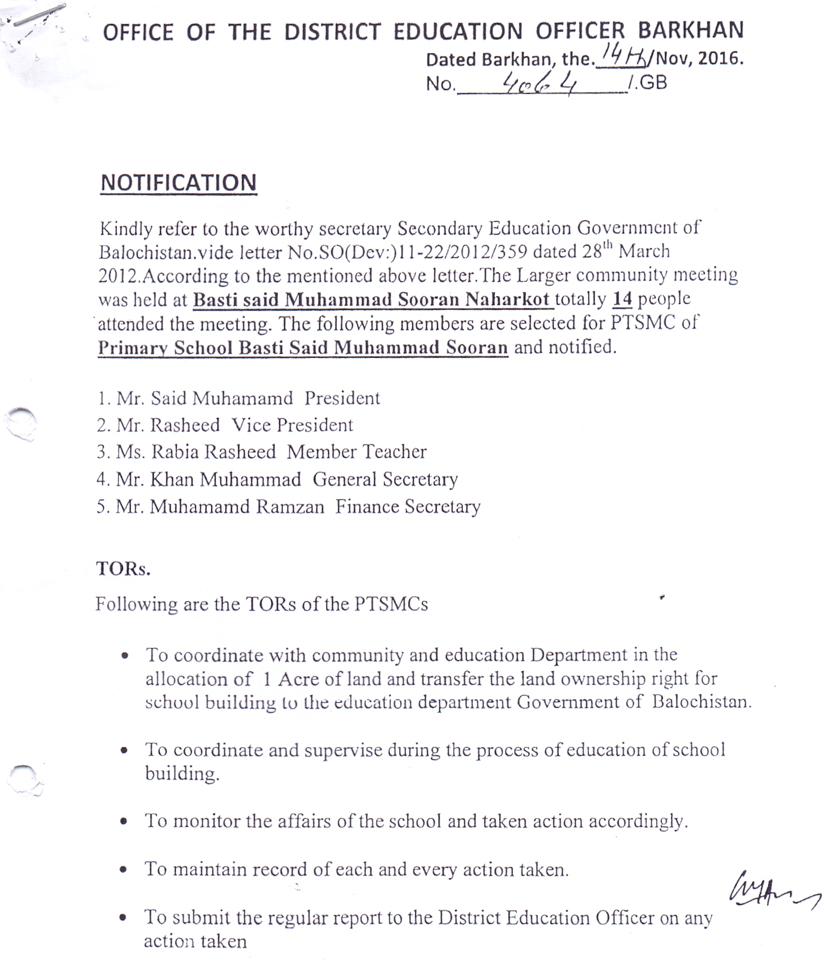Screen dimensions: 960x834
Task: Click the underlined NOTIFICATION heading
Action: (178, 183)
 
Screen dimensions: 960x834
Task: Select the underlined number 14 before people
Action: (622, 299)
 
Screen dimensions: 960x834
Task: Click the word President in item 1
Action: (342, 398)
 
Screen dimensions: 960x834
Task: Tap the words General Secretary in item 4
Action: (385, 479)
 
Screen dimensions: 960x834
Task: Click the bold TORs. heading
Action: (123, 568)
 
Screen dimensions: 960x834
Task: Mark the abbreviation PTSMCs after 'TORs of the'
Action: (391, 604)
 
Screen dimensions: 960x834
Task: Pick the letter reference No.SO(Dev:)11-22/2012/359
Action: (407, 252)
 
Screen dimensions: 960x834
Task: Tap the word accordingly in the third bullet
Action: (637, 821)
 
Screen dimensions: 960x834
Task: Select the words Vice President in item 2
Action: (292, 425)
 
